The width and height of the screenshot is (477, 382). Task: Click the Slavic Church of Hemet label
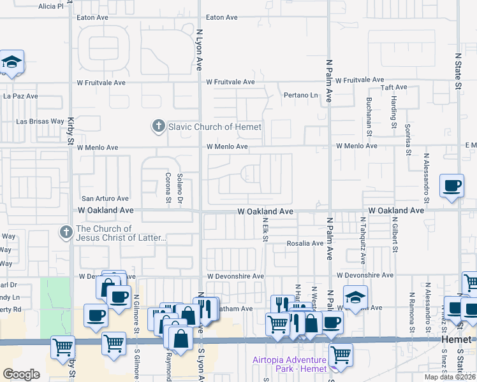[215, 127]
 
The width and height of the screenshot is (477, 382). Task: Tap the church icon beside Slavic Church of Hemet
[158, 126]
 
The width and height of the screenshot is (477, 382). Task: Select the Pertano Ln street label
[300, 95]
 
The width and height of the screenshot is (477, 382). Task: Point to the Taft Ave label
[393, 87]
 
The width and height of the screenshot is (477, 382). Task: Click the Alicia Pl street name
[51, 6]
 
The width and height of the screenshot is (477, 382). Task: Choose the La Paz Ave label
[20, 96]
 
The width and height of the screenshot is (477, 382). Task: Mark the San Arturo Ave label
[105, 199]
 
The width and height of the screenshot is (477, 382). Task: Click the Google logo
[21, 374]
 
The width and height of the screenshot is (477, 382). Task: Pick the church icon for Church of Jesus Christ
[66, 232]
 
